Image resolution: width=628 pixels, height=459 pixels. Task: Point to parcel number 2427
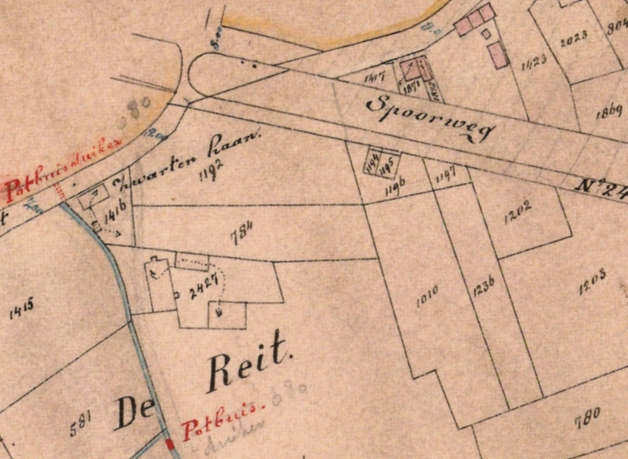tap(203, 288)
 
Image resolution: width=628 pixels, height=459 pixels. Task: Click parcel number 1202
tap(518, 208)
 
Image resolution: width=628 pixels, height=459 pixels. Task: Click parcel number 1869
tap(608, 111)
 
